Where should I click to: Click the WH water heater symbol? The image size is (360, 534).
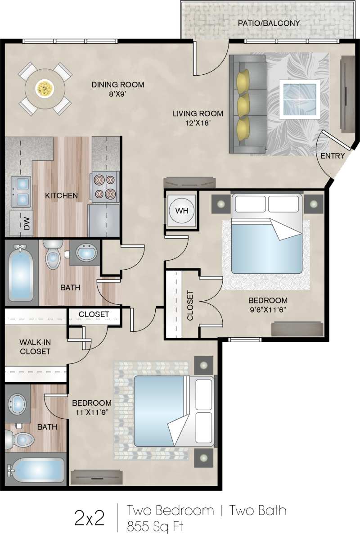[182, 210]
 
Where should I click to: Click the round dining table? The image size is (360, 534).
[45, 88]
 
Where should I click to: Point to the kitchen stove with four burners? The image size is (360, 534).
[105, 187]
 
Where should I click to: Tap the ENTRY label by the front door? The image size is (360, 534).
[333, 156]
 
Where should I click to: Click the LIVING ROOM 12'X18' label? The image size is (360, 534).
[198, 118]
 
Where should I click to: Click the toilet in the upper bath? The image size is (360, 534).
[53, 255]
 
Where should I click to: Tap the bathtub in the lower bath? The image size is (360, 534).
[36, 471]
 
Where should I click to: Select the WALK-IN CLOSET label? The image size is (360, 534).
[35, 347]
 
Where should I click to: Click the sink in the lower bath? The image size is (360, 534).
[18, 404]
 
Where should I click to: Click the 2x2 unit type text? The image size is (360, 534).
[89, 518]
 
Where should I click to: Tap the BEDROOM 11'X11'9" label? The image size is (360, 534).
[92, 407]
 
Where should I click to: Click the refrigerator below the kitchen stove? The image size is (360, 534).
[104, 220]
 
